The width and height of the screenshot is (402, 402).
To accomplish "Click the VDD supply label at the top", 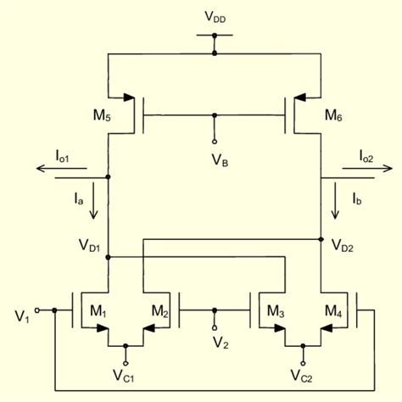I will click(215, 16).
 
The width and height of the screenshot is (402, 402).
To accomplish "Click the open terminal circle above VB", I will click(215, 141).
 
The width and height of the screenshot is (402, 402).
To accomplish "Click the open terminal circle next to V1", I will click(38, 310).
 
